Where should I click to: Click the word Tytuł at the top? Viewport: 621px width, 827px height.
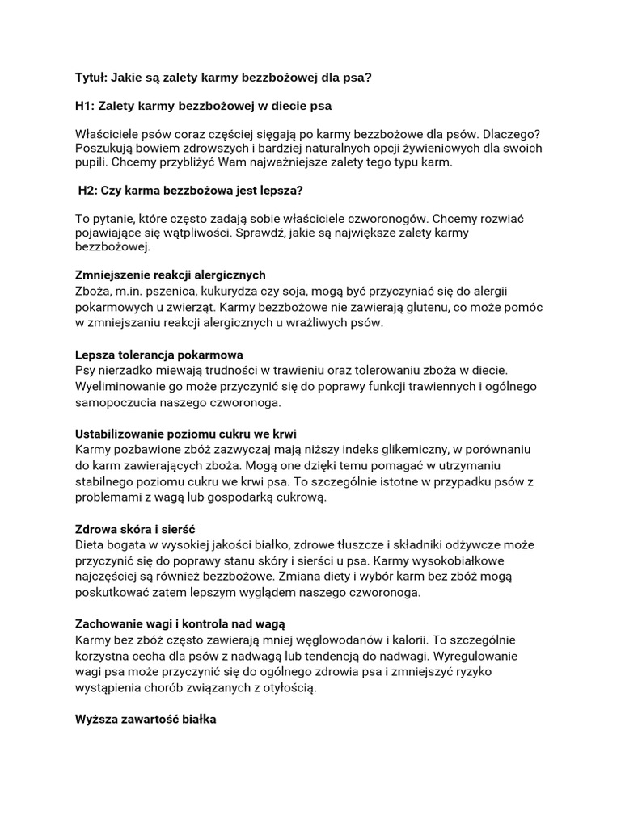pos(91,78)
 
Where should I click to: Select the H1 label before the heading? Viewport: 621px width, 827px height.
pos(85,106)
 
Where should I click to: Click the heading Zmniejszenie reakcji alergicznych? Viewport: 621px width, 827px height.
pos(170,275)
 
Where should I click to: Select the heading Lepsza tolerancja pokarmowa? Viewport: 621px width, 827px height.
pos(159,355)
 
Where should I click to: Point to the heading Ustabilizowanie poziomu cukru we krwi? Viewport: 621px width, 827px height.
pos(191,434)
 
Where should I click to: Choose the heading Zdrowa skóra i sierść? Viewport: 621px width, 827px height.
pos(135,529)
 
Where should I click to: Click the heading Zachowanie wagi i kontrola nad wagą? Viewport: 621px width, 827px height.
pos(180,624)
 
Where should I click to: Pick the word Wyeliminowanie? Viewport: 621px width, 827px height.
pos(119,386)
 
